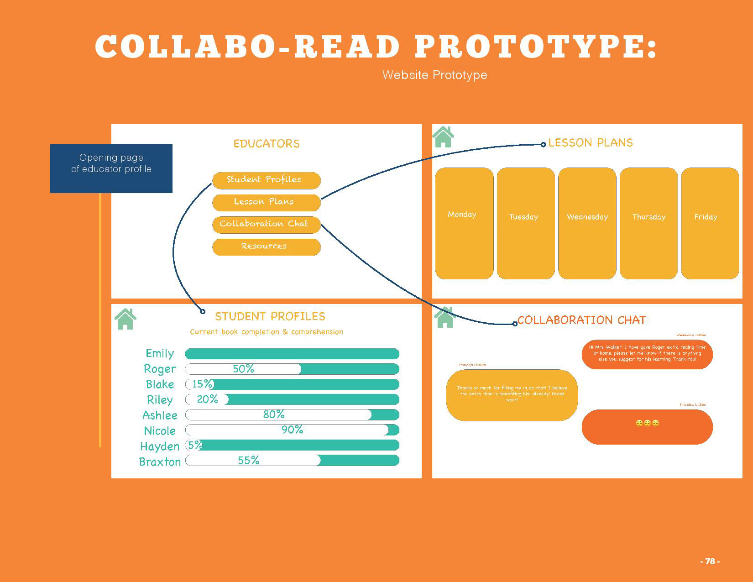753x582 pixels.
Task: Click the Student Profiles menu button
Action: (266, 180)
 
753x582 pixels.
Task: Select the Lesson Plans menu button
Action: (266, 202)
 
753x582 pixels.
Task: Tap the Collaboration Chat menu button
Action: (266, 224)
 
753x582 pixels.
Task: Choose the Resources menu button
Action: (266, 246)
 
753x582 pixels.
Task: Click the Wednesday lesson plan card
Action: (587, 223)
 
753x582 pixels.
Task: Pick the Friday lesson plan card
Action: (710, 223)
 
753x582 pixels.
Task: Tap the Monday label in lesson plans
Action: (462, 215)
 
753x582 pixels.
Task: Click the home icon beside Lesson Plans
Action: (443, 137)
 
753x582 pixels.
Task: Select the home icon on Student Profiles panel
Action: (125, 319)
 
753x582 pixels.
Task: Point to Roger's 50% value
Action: (243, 369)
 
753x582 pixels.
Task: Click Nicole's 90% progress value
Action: (292, 430)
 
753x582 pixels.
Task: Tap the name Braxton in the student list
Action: (160, 462)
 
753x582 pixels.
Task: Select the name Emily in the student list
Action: (160, 353)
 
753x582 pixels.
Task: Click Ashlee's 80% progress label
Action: (274, 414)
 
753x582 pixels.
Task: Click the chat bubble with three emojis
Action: (647, 427)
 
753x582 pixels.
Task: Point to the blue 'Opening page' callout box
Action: (111, 168)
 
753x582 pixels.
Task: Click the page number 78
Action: (710, 561)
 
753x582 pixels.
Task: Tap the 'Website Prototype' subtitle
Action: (434, 75)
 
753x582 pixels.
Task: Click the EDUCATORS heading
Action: (267, 144)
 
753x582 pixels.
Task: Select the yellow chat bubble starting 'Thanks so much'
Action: (512, 395)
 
